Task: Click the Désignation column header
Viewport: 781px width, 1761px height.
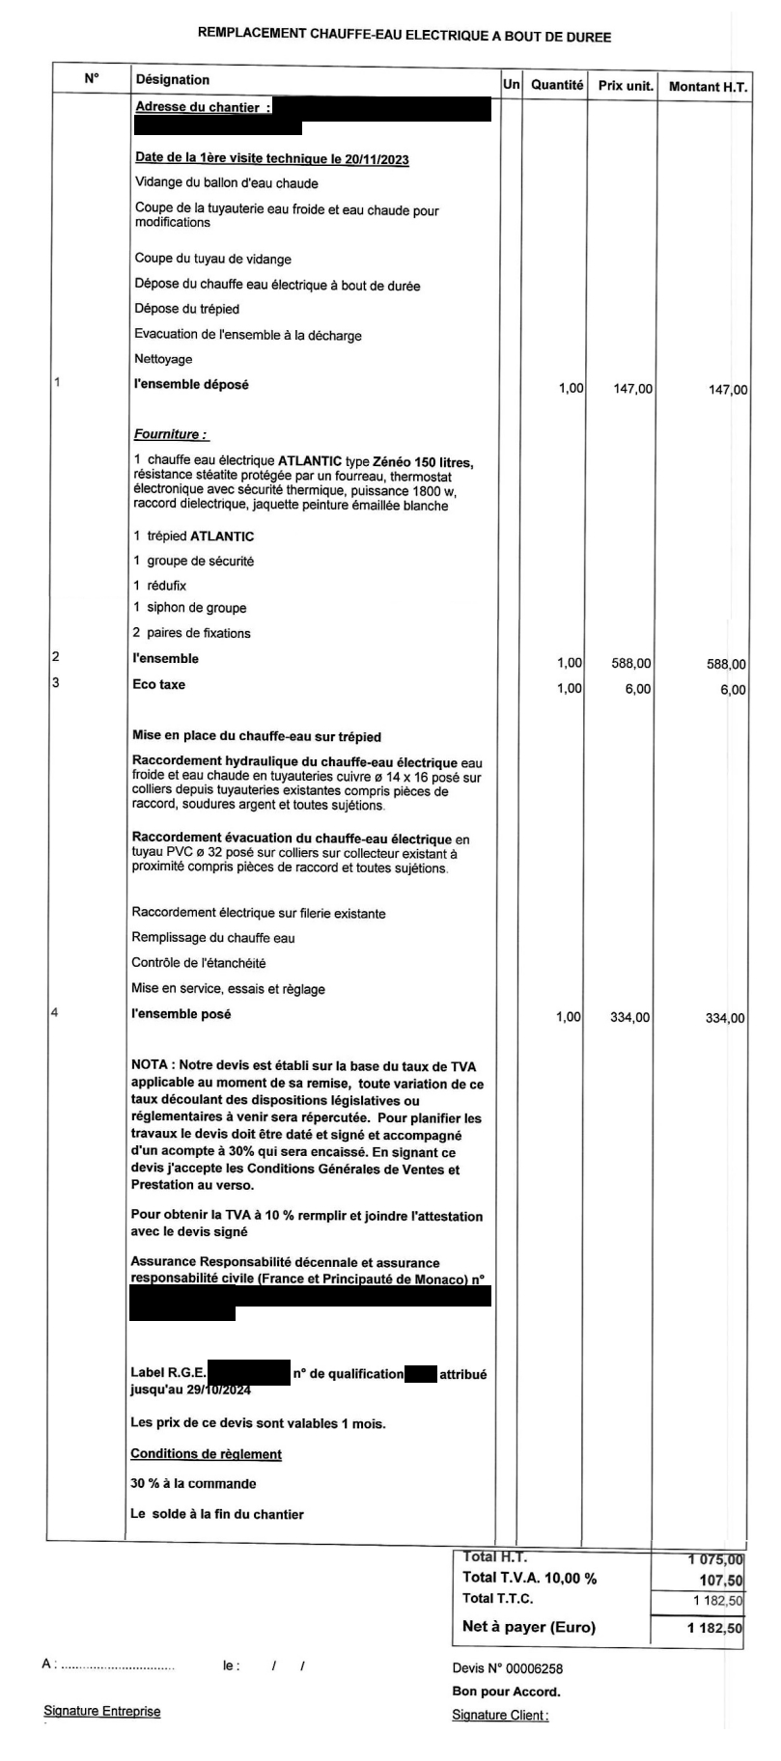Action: pos(173,79)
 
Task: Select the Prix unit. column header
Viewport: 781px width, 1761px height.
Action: pos(626,86)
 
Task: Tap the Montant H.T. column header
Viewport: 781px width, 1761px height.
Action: pos(708,87)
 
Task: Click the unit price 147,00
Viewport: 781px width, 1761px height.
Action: pos(632,389)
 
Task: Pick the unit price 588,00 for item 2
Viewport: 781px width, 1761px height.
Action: pos(631,663)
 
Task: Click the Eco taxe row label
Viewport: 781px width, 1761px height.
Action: pos(158,684)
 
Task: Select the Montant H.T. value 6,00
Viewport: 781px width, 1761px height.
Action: pos(733,689)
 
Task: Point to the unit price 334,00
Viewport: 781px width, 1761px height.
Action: pos(630,1017)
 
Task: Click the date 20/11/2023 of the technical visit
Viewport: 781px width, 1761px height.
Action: pos(377,159)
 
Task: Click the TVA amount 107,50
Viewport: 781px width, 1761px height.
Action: pos(721,1580)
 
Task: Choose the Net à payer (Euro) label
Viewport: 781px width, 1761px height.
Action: pos(529,1626)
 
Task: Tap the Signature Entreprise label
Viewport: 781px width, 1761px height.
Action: pos(102,1711)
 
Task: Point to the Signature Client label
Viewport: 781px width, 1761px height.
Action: pos(500,1715)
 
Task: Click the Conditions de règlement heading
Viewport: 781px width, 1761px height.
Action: pos(206,1453)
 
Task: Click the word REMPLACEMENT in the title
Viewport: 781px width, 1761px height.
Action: pos(252,35)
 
